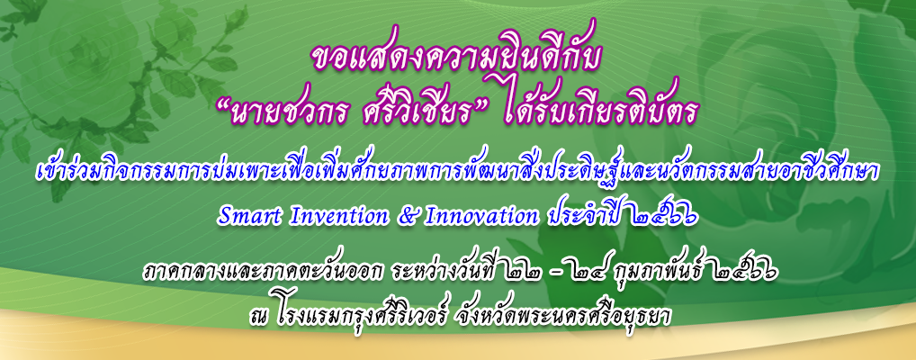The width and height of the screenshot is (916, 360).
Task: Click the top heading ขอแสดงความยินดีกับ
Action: [457, 57]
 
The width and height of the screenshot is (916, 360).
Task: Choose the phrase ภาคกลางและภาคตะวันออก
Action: [245, 274]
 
